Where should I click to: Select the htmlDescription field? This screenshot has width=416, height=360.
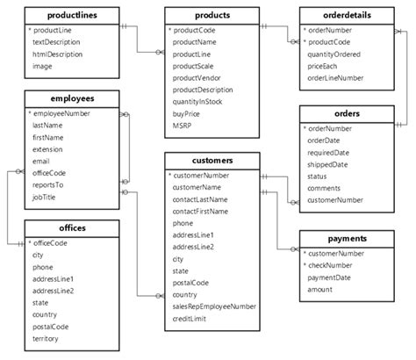[59, 54]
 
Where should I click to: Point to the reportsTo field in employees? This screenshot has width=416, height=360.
[49, 186]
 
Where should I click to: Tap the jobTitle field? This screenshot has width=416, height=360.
[46, 198]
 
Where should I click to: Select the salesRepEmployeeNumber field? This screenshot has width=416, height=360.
[214, 307]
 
